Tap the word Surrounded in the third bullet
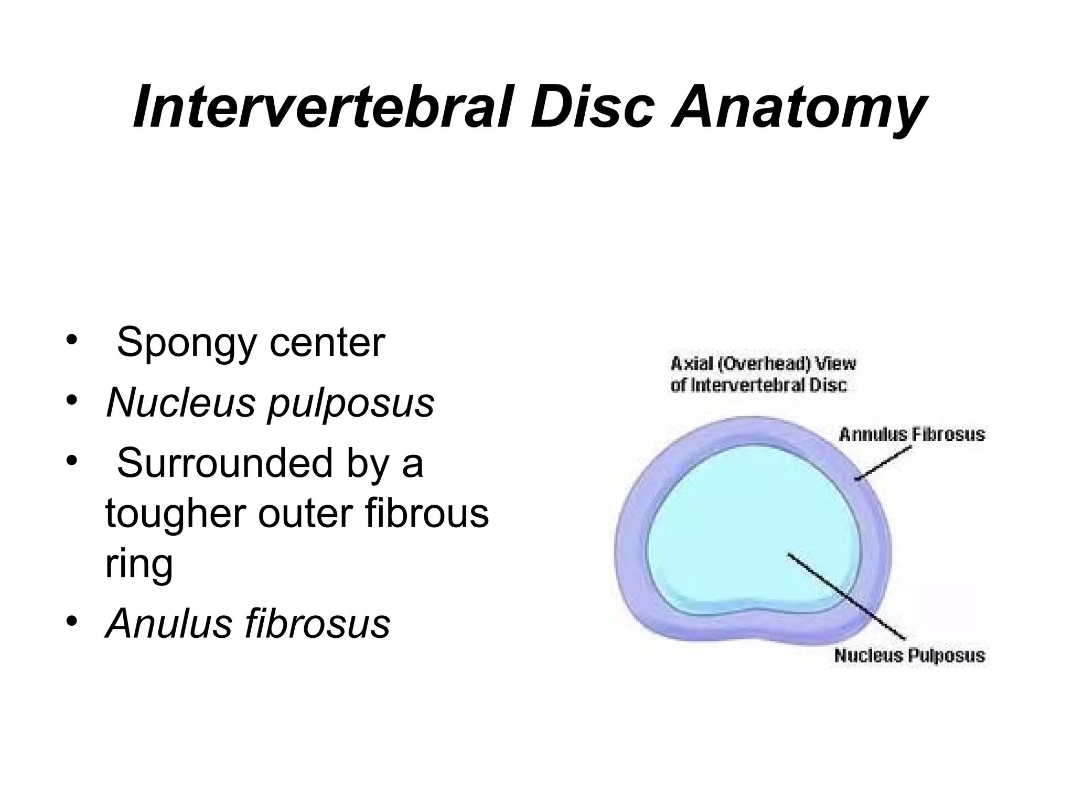click(x=225, y=463)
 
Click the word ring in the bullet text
click(x=138, y=564)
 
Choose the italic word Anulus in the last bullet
click(x=167, y=623)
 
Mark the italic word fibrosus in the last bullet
click(x=318, y=623)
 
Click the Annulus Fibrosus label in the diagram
click(x=912, y=434)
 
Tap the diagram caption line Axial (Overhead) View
click(x=763, y=363)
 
